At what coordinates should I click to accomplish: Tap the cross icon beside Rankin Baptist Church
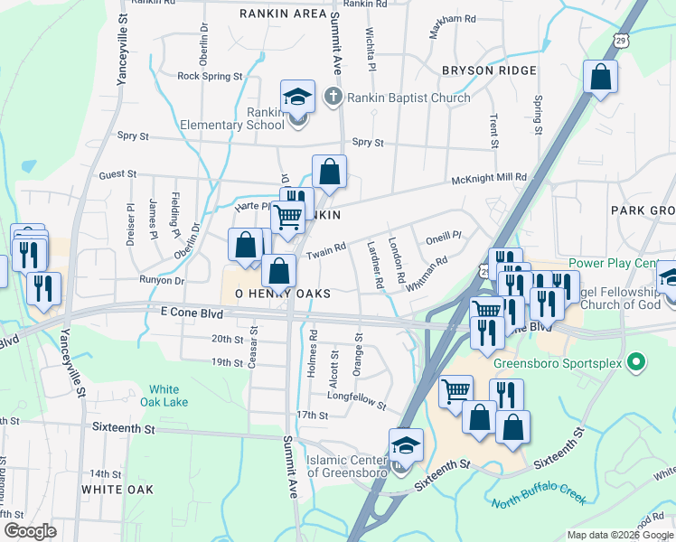tap(333, 97)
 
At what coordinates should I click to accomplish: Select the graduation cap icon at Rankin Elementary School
tap(297, 97)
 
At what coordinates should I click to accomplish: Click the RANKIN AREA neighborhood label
tap(283, 14)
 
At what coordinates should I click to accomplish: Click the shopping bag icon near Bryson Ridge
tap(600, 78)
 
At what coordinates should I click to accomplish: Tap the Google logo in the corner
tap(30, 531)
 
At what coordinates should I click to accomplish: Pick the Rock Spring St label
tap(210, 77)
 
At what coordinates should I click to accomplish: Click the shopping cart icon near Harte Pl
tap(287, 217)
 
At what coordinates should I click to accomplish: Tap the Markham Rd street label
tap(453, 18)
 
